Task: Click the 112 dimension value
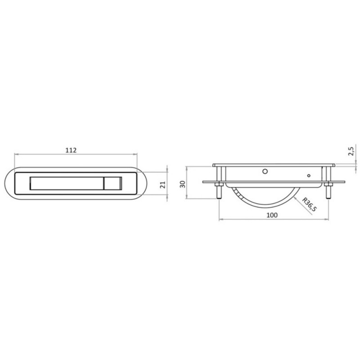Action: click(71, 150)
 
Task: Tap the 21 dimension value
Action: click(162, 184)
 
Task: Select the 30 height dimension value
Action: click(183, 184)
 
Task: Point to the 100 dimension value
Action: click(272, 215)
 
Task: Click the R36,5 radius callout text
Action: click(310, 205)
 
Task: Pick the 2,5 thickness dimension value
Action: click(351, 151)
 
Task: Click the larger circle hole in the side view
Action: click(265, 171)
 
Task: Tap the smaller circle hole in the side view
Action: click(309, 175)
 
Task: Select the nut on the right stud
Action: click(328, 184)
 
